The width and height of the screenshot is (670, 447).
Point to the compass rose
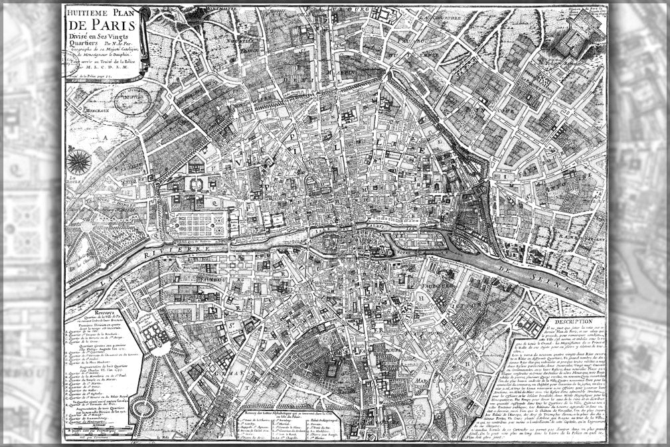click(x=81, y=159)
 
